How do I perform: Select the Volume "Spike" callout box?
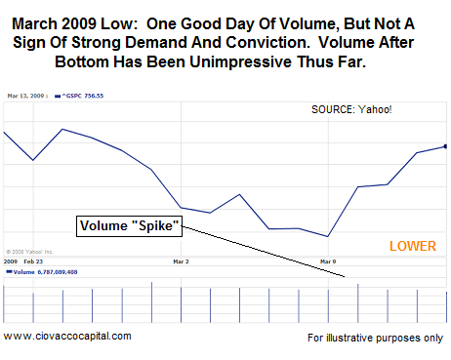coord(130,226)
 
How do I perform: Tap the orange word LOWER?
coord(413,246)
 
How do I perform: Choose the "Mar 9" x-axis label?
coord(329,262)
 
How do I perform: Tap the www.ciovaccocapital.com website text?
coord(66,336)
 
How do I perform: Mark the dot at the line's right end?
coord(445,146)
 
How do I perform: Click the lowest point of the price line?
coord(328,236)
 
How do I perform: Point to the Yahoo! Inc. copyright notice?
coord(30,251)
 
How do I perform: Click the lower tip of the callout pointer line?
coord(345,278)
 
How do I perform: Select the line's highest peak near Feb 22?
coord(62,129)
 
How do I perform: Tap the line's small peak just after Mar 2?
coord(240,194)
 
